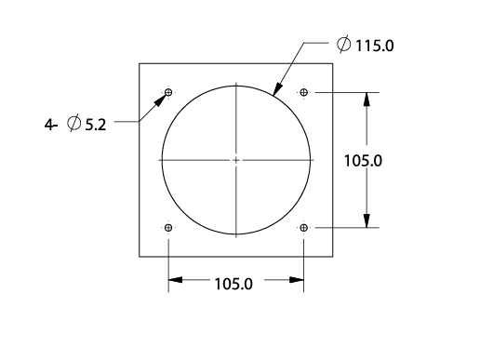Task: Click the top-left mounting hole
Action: coord(168,92)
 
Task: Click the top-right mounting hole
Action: coord(304,92)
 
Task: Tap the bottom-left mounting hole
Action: coord(168,228)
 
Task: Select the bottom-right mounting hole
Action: coord(304,228)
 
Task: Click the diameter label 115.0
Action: coord(375,46)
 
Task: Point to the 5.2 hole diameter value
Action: coord(96,125)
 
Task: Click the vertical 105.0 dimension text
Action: coord(363,161)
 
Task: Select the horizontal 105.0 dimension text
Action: coord(233,284)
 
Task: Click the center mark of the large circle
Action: coord(236,160)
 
